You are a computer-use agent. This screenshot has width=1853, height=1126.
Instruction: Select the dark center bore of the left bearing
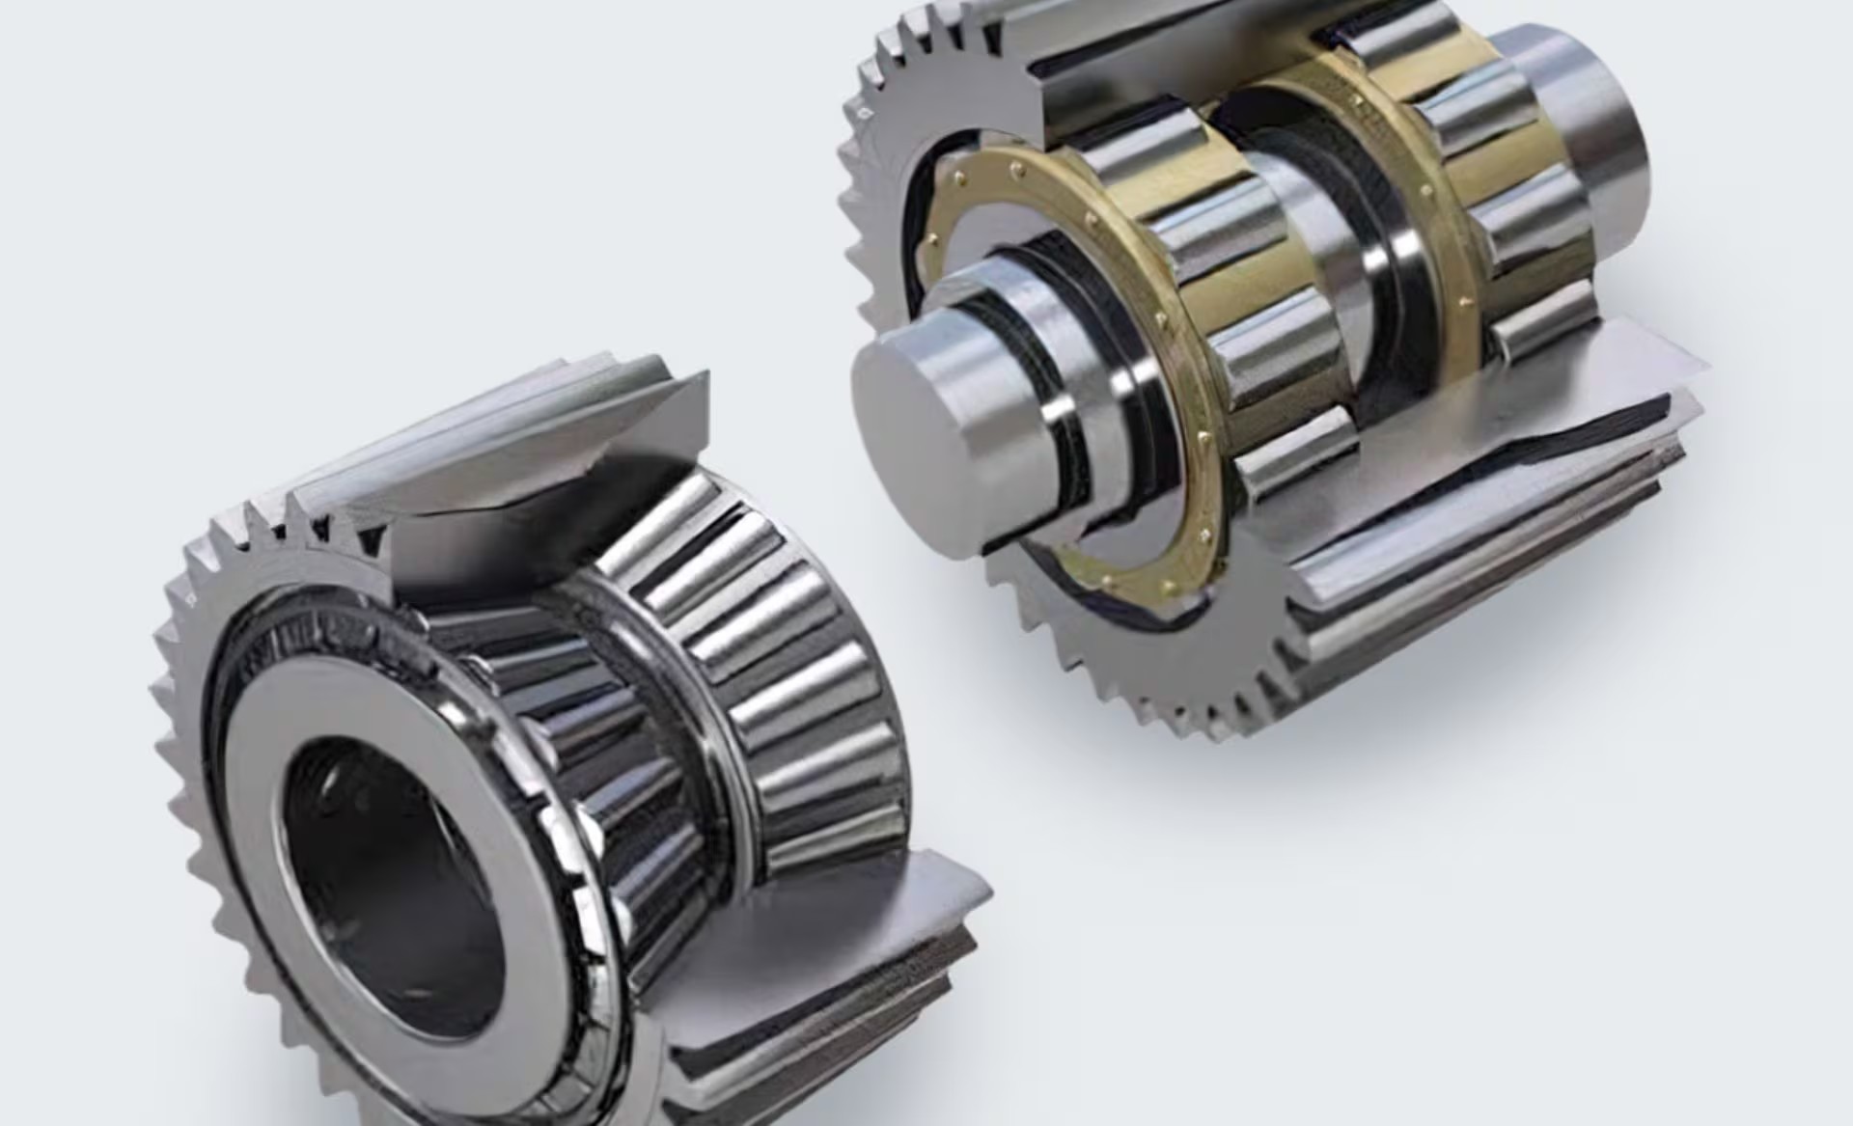coord(386,888)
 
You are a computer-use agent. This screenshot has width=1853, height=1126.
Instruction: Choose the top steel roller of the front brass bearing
coord(1148,154)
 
